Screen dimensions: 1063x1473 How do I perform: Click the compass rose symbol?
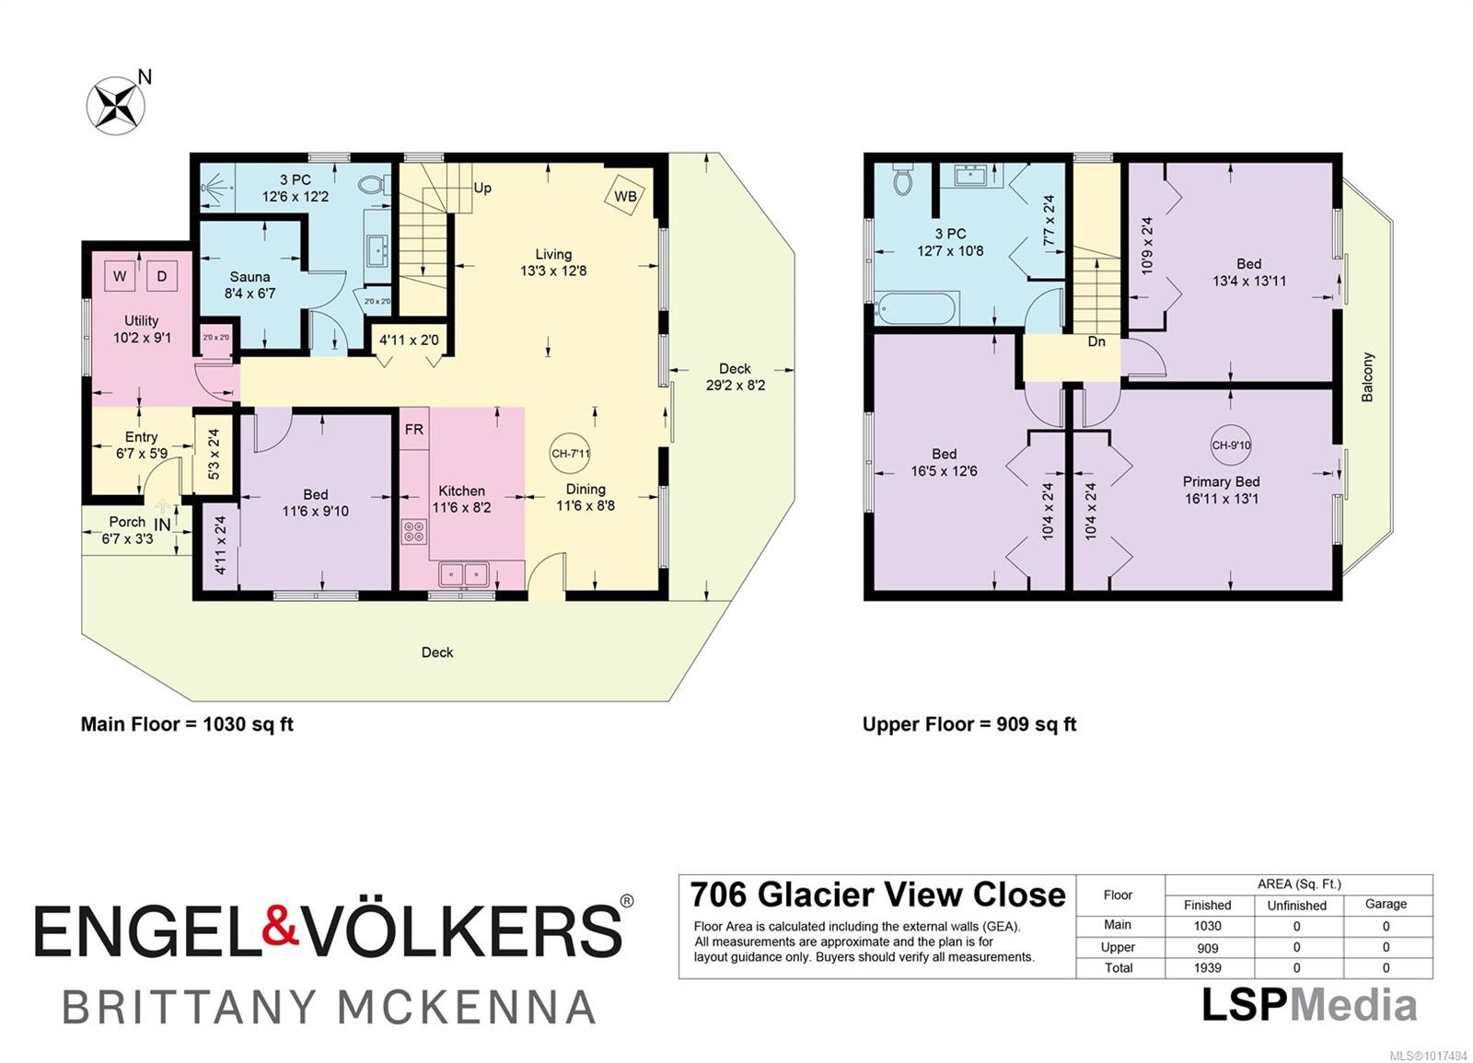pos(116,103)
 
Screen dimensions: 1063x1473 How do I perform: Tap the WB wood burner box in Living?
pos(625,196)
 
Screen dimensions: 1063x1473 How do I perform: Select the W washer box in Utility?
pos(120,276)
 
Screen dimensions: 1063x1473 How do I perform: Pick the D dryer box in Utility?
pos(162,276)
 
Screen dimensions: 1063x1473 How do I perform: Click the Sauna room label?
pos(249,277)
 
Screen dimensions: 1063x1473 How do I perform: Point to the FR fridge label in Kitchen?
pos(414,430)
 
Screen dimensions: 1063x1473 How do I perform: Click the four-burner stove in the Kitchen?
pos(414,531)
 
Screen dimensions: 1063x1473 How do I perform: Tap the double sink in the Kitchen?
pos(463,574)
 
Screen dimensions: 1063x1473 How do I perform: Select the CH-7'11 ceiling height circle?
pos(570,453)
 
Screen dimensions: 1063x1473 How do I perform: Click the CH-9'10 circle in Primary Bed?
pos(1231,445)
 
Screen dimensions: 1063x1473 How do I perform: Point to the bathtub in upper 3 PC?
pos(918,307)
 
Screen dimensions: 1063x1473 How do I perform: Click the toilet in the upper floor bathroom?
pos(902,180)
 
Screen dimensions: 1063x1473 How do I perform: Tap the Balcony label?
pos(1367,376)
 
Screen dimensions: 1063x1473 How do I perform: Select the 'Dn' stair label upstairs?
pos(1096,341)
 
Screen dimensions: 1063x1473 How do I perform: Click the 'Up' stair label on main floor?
pos(482,188)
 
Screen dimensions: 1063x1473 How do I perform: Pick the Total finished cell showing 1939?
pos(1207,968)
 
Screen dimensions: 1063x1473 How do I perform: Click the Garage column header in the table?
pos(1386,904)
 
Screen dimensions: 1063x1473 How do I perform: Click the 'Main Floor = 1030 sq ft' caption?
pos(187,724)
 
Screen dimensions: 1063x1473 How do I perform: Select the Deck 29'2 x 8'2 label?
pos(735,376)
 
